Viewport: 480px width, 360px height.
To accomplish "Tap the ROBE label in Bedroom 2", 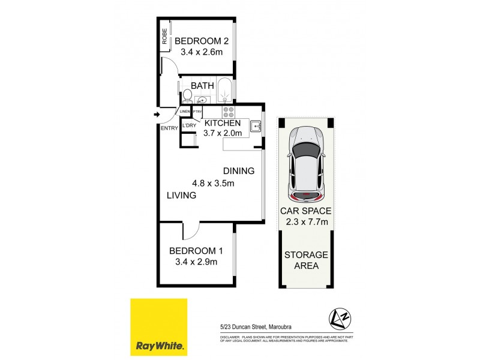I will pos(164,37).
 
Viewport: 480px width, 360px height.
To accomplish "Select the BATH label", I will pos(202,86).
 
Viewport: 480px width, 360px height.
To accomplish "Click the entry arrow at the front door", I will pos(157,114).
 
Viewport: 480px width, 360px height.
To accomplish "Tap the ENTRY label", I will pos(169,128).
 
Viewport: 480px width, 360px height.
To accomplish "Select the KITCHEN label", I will pos(223,123).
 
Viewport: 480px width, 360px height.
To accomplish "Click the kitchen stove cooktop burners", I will pos(229,112).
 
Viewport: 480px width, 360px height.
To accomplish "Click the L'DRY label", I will pos(190,125).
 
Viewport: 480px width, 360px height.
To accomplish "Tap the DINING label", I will pos(239,171).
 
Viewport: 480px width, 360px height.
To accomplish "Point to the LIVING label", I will pos(182,196).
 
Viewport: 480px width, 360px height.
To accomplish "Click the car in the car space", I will pos(305,163).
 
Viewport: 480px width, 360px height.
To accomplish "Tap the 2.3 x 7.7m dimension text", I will pos(305,222).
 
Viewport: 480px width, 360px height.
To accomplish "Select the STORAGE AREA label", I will pos(305,260).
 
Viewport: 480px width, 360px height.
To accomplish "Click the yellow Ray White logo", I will pos(159,326).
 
